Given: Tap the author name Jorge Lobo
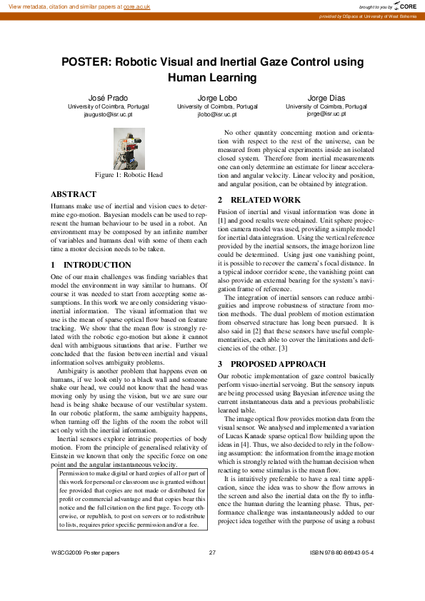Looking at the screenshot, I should (212, 97).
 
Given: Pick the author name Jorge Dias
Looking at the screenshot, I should (326, 97).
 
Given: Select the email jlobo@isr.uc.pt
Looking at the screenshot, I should (212, 113).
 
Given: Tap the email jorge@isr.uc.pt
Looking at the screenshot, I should (326, 113).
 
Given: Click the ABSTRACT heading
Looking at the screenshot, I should (74, 194).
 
